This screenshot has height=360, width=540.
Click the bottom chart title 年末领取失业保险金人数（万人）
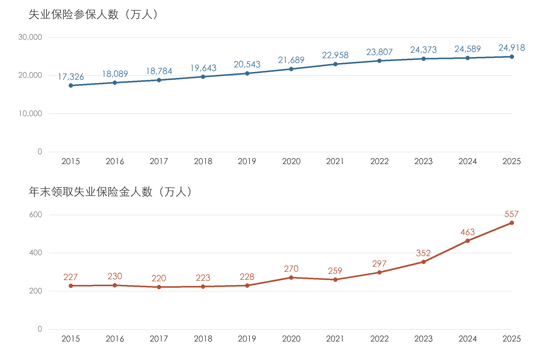[110, 192]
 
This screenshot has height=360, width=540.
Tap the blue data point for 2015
[71, 85]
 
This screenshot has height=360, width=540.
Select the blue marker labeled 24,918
[512, 57]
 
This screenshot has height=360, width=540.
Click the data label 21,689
[291, 60]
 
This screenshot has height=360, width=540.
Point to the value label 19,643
[203, 68]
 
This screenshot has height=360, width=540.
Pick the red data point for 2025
[512, 223]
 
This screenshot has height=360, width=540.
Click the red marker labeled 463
[467, 241]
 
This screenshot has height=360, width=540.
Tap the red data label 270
[291, 269]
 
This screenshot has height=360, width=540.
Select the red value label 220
[159, 278]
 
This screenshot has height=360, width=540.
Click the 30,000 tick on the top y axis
[30, 37]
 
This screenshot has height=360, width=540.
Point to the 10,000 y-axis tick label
[30, 113]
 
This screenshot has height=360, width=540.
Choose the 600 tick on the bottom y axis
[35, 215]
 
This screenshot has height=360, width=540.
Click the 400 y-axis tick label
[35, 253]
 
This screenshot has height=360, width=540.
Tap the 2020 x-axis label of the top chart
[291, 161]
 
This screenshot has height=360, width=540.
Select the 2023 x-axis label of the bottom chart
[424, 339]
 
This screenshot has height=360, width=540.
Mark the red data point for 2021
[335, 280]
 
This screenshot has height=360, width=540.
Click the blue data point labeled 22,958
[335, 64]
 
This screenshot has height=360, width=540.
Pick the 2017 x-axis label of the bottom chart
[159, 339]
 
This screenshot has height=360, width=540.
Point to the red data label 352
[423, 253]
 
